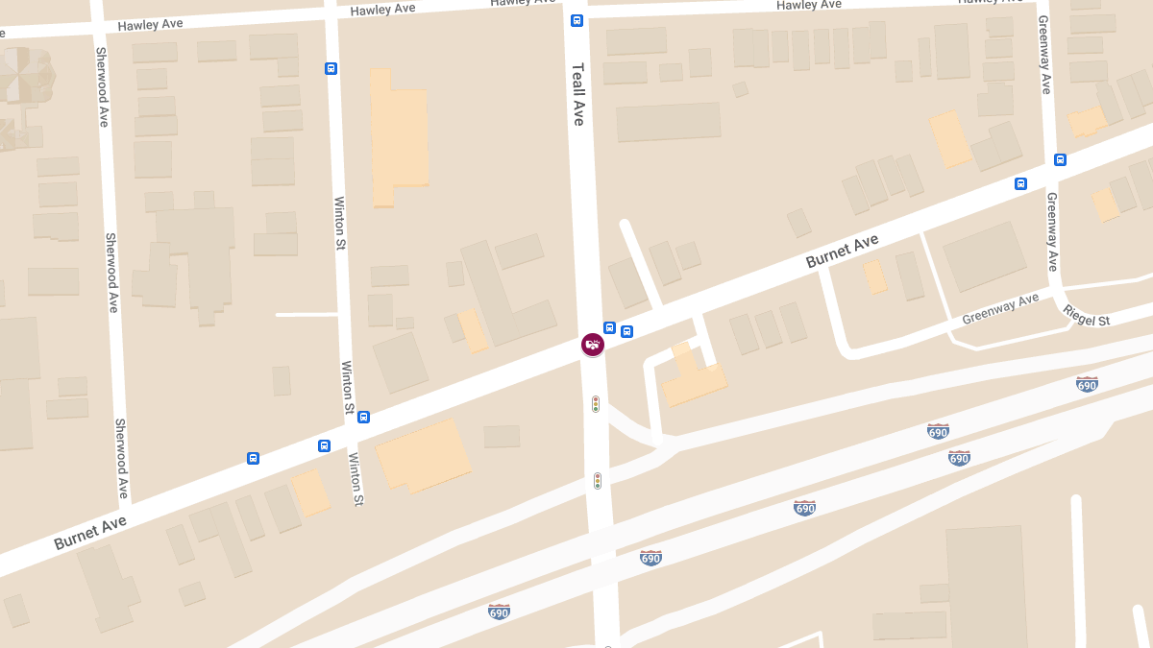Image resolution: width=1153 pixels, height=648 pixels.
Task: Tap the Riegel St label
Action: pos(1087,314)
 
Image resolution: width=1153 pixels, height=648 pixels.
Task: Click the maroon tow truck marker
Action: pos(593,344)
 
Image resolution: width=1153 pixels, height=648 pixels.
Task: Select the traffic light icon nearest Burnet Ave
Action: pos(596,404)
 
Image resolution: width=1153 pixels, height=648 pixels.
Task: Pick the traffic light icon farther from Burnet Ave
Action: pos(598,480)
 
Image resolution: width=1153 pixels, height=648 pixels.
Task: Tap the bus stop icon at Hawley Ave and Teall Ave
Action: pos(576,20)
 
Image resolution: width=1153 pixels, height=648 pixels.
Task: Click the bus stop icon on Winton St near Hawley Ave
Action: pos(331,68)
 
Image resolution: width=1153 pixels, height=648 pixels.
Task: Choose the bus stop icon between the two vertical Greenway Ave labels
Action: pos(1060,160)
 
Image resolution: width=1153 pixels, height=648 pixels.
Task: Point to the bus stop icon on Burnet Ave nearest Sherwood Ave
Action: pos(253,458)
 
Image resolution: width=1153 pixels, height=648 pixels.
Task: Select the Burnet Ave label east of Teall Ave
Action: pos(842,251)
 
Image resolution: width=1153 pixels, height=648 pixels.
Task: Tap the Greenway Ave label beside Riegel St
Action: pos(1000,308)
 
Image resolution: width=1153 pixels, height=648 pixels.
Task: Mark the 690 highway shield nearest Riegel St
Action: pos(1087,384)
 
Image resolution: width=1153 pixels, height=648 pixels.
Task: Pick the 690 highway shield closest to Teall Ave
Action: pos(650,557)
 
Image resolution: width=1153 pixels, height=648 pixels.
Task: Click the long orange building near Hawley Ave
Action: pos(397,136)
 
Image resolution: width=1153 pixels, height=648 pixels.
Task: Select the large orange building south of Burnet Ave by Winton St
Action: pos(424,456)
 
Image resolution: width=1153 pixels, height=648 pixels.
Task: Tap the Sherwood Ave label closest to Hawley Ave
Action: pos(102,86)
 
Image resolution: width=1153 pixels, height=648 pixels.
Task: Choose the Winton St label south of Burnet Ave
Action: pos(356,478)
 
